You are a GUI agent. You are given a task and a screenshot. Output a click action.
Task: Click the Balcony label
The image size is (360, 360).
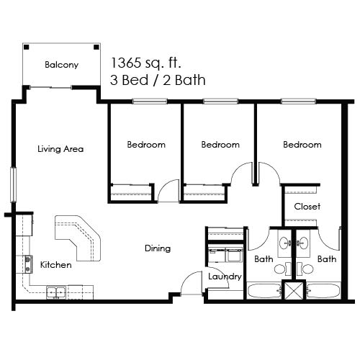[x=61, y=65]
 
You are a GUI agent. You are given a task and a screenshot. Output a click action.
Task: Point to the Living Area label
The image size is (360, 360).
[x=60, y=150]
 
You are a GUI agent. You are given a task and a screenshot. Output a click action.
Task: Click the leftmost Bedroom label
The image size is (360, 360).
[x=146, y=145]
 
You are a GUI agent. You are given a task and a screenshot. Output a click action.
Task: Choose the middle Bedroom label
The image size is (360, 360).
[x=220, y=145]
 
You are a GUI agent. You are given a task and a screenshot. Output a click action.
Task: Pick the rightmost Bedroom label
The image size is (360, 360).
[x=302, y=145]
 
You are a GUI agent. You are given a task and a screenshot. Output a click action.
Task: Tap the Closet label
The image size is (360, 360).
[x=307, y=207]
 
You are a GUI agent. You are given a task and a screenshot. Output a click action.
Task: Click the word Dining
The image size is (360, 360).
[x=157, y=248]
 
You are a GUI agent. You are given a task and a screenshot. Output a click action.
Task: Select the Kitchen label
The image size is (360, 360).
[x=55, y=265]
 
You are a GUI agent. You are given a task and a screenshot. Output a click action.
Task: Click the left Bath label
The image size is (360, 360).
[x=263, y=258]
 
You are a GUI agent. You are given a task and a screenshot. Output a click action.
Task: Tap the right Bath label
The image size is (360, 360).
[x=326, y=258]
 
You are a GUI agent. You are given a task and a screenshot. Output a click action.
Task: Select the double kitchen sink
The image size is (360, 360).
[x=56, y=292]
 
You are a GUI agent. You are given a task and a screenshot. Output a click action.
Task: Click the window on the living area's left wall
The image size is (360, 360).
[x=12, y=184]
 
